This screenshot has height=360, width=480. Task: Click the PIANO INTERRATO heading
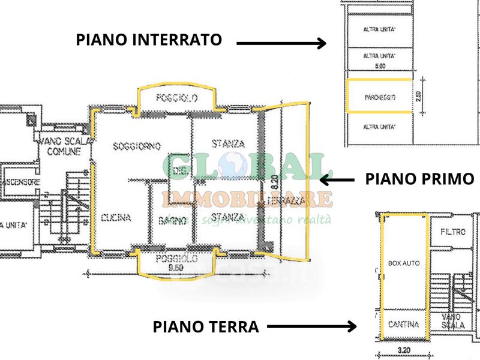point(149,40)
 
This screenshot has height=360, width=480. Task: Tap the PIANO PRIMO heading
point(419,179)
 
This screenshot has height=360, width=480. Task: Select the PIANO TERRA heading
point(205,327)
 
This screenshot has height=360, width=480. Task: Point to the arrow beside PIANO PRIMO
point(338,179)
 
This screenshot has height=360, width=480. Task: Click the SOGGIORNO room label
point(136,146)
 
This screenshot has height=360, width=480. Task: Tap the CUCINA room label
point(116,218)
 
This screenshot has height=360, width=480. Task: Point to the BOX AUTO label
point(403,263)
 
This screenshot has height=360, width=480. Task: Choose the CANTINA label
point(403,325)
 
